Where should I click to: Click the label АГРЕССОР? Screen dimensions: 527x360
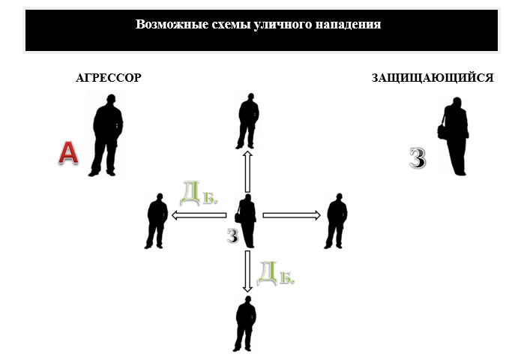click(109, 78)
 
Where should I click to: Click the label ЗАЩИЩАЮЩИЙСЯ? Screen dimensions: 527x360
click(432, 78)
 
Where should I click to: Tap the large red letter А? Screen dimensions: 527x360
click(68, 153)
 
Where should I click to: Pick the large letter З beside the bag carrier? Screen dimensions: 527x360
click(418, 158)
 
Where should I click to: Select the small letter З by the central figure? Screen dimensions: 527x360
click(232, 236)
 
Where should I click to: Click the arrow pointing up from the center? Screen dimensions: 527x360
click(247, 172)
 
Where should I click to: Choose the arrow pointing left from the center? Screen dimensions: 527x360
click(199, 216)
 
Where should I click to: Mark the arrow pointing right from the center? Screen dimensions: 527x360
click(292, 216)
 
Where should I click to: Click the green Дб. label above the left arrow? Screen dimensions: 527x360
click(199, 194)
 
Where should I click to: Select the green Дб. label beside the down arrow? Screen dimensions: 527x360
click(275, 273)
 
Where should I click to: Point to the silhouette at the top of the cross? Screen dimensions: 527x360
click(248, 121)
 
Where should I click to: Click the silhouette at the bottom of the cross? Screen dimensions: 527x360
click(246, 323)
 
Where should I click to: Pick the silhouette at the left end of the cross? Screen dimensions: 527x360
click(157, 220)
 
